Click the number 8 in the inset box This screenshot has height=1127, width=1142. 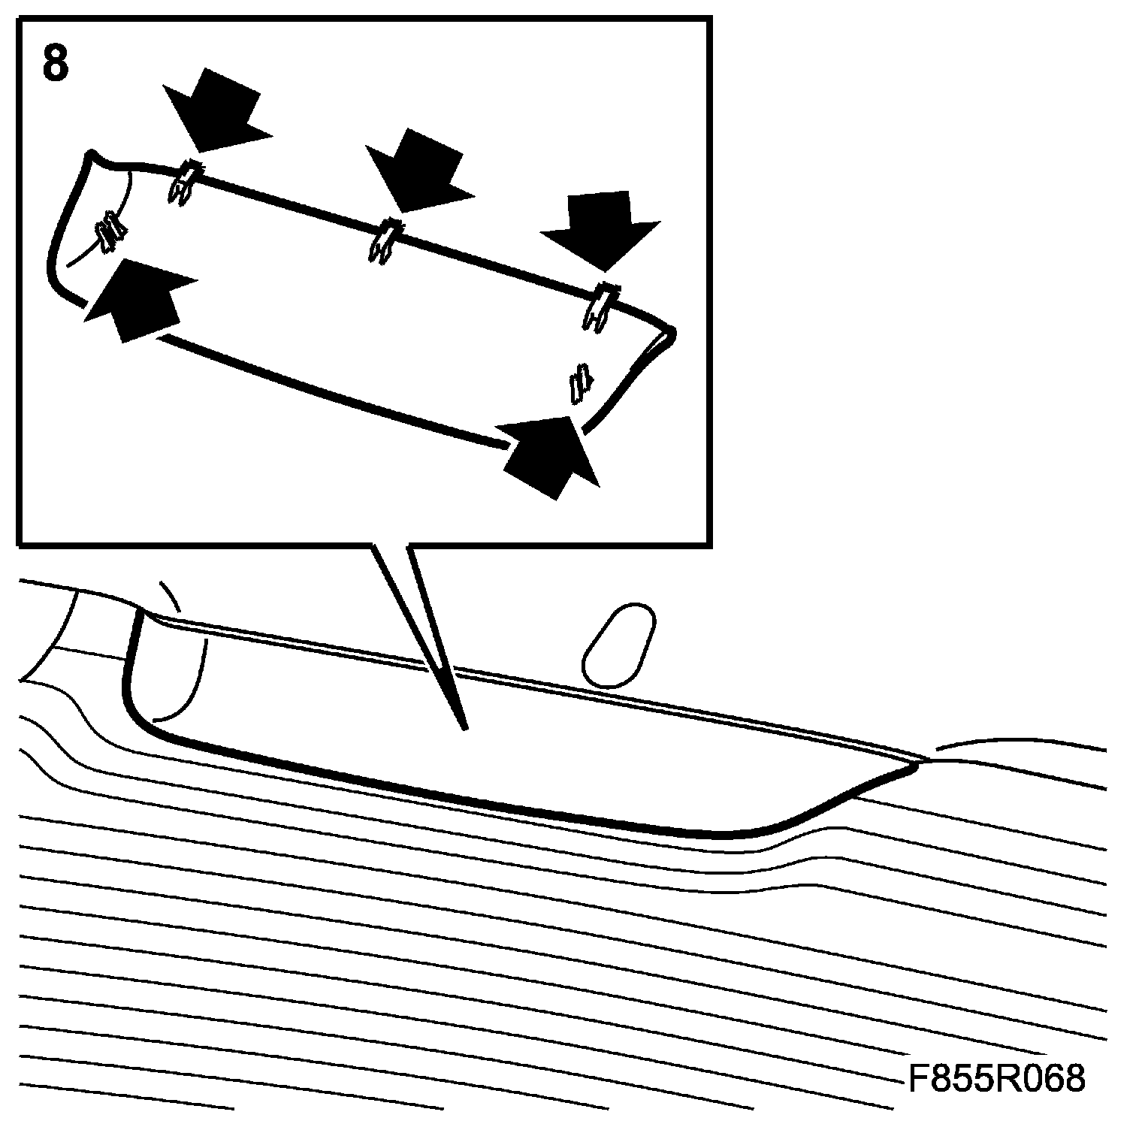[56, 63]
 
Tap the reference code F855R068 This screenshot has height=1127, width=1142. [996, 1080]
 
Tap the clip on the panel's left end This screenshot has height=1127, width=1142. [110, 231]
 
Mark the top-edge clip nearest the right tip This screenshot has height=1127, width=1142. [600, 305]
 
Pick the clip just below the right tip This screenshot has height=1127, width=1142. [580, 382]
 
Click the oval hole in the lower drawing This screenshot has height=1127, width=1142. [619, 645]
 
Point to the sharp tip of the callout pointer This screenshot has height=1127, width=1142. [465, 727]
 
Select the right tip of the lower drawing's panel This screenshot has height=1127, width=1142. [917, 766]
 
